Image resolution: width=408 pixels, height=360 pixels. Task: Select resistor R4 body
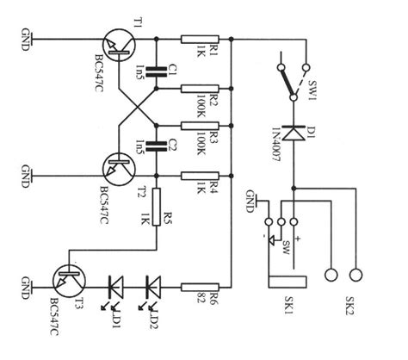point(198,177)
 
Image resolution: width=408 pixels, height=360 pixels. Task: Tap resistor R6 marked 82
point(198,284)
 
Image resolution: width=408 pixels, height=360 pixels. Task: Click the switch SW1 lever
point(287,77)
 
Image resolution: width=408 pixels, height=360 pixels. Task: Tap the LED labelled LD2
point(153,284)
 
